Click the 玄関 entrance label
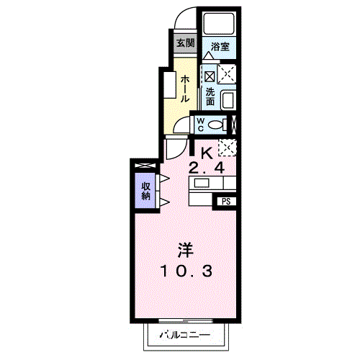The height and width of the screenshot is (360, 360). [186, 43]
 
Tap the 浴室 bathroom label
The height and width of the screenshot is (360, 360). [220, 47]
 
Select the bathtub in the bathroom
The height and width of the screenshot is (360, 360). [219, 24]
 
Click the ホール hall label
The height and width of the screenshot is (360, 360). [185, 89]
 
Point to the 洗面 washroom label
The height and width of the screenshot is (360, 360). [210, 96]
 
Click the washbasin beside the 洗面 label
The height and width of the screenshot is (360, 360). [228, 100]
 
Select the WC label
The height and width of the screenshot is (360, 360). [200, 125]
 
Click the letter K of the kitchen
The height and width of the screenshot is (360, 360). [207, 153]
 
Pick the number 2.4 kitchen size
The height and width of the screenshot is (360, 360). [207, 168]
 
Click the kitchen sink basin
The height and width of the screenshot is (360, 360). [202, 184]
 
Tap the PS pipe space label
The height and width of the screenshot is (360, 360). [226, 202]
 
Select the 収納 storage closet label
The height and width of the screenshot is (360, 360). [145, 191]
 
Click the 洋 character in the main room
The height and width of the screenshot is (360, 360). [185, 250]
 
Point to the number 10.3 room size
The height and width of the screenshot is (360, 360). [186, 271]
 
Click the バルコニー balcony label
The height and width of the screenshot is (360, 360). [185, 334]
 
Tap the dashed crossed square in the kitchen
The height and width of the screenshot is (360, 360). [228, 148]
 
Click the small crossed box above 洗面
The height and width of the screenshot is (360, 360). [210, 77]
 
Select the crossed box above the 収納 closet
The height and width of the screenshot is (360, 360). [145, 166]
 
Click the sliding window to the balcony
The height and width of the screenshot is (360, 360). [186, 321]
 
